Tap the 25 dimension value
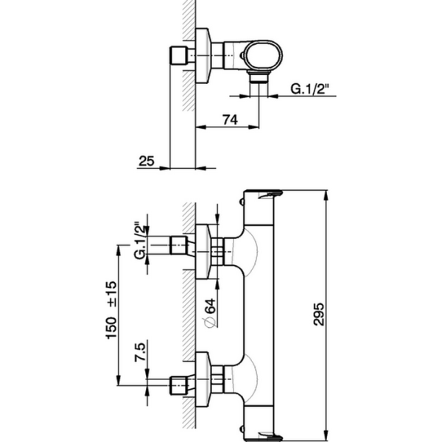point(146,160)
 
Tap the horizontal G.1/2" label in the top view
point(309,89)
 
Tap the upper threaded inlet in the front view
point(178,246)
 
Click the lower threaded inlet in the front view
point(178,384)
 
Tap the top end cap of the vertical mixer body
point(263,195)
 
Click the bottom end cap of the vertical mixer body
point(263,434)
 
